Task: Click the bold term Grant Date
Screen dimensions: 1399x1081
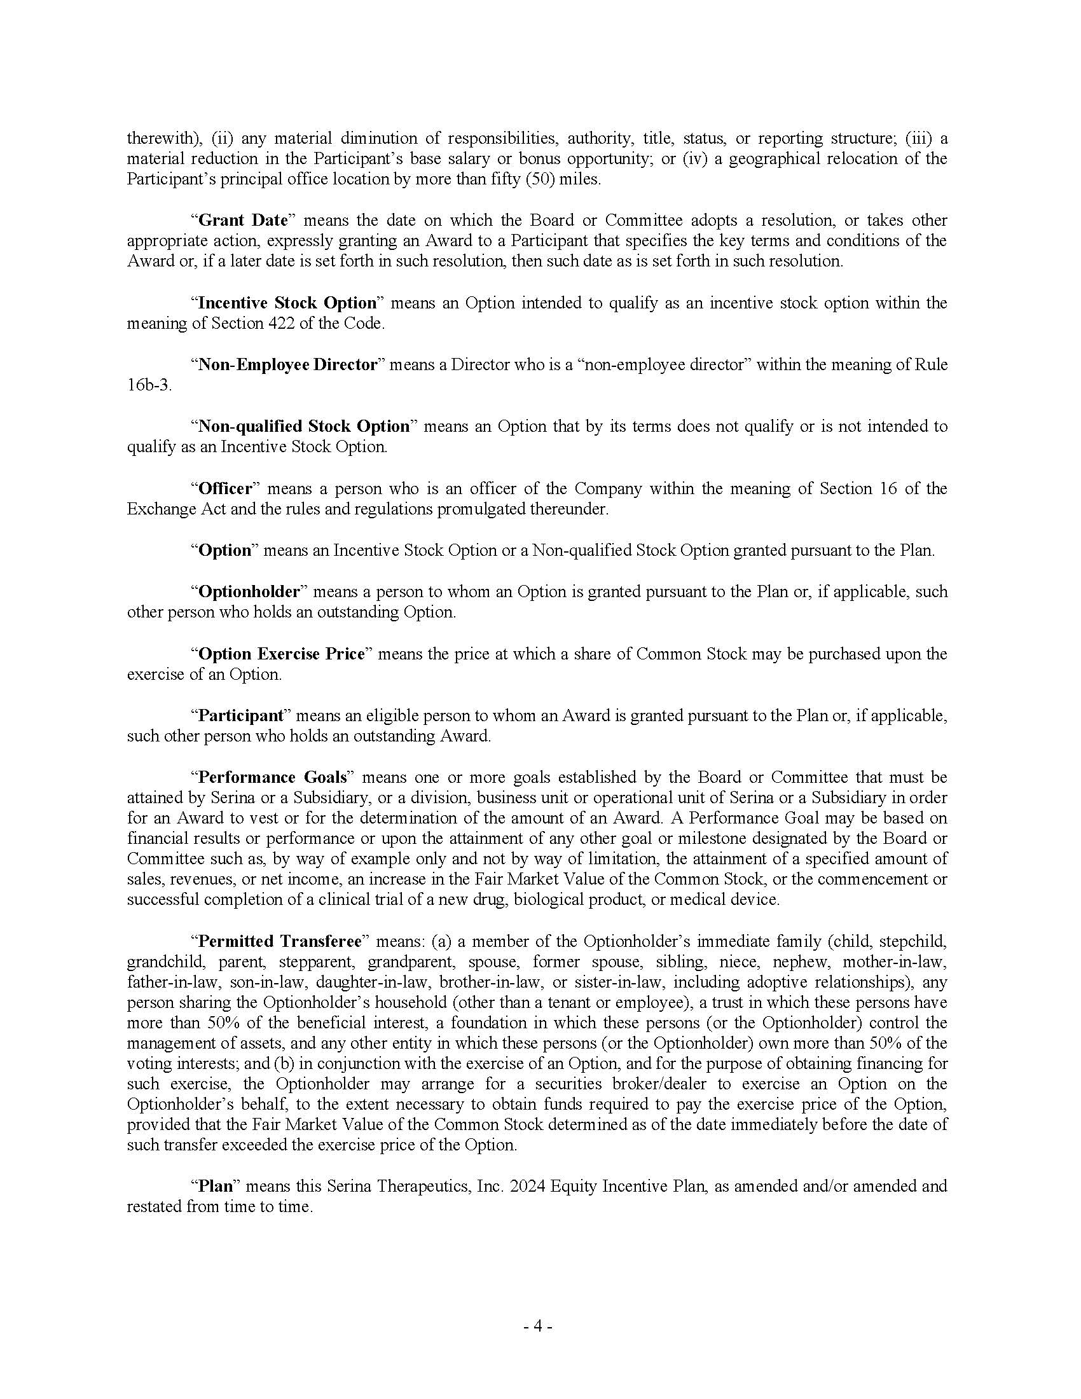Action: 244,221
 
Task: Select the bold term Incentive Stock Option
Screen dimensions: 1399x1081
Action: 287,303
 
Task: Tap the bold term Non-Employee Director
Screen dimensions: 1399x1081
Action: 287,365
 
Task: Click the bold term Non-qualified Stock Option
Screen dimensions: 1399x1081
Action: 303,427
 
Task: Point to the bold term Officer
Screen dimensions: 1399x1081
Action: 226,489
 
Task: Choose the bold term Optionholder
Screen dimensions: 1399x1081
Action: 249,591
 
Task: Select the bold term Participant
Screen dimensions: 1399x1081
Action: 241,715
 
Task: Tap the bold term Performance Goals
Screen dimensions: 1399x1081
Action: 272,778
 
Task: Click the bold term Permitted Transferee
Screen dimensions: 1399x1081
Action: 280,942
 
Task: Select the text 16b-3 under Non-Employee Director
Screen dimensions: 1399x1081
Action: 149,385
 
